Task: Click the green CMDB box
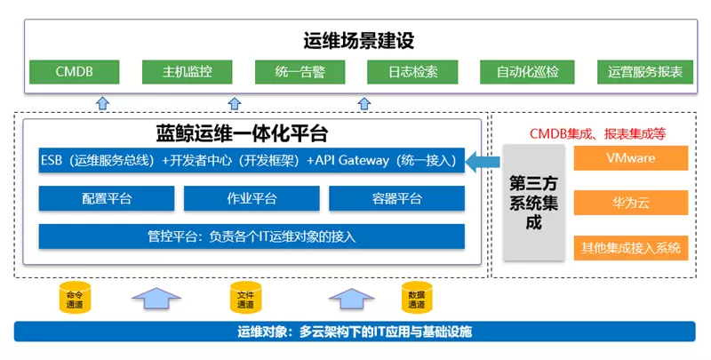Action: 74,71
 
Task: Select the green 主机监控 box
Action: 186,71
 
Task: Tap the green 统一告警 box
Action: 298,71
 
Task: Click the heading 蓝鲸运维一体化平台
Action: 253,133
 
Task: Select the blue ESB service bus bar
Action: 252,161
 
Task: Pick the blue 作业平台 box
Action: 252,198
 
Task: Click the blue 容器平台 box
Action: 397,198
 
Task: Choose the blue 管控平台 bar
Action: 252,236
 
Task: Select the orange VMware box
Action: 631,159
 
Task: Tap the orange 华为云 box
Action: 631,203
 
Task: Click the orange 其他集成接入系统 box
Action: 631,247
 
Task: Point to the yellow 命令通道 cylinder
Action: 76,299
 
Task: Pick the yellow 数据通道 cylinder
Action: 415,299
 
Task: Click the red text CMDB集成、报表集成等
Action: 598,134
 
